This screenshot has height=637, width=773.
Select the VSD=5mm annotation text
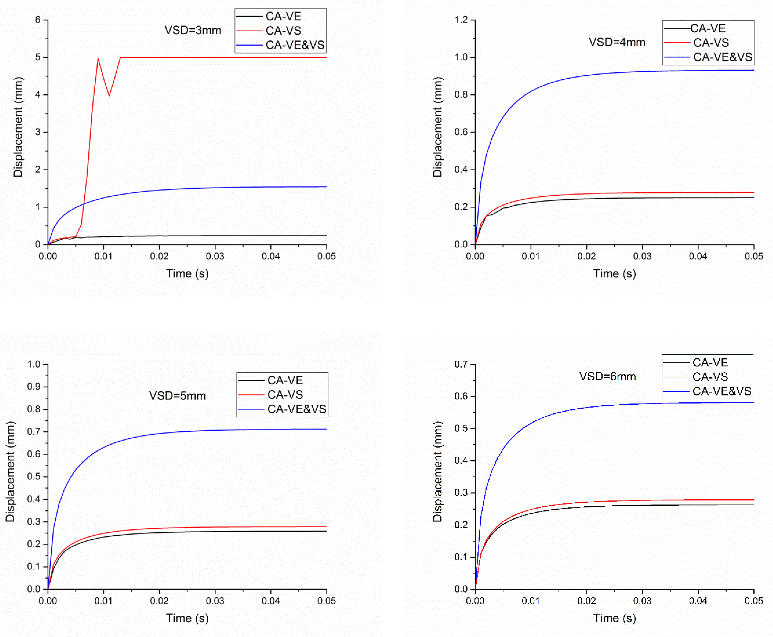[x=177, y=395]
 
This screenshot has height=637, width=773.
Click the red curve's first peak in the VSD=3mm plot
[x=98, y=58]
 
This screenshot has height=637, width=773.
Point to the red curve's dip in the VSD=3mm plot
[x=109, y=96]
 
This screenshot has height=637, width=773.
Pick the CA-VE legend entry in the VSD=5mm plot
[x=285, y=380]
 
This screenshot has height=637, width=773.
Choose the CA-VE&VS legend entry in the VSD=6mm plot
[x=721, y=391]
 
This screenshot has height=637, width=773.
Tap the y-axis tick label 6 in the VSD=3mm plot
[x=38, y=20]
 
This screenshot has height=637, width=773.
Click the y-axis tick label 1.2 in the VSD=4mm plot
[x=462, y=20]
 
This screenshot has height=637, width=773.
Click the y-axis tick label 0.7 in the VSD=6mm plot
[x=462, y=364]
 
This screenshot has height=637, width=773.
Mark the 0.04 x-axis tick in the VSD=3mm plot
[x=271, y=256]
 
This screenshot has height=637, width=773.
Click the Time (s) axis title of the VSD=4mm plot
[x=615, y=273]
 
